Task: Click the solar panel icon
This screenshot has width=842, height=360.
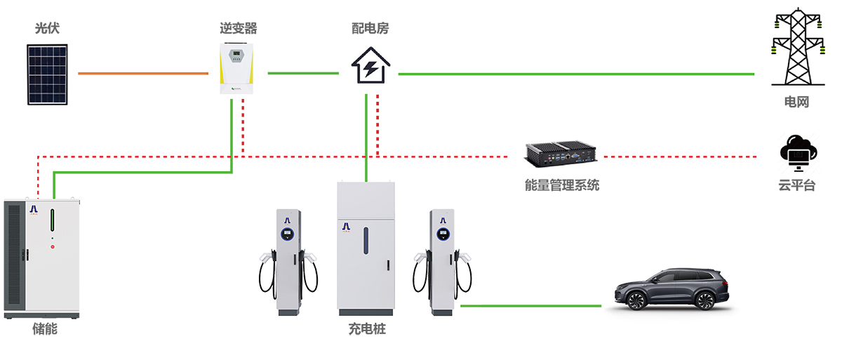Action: click(x=48, y=74)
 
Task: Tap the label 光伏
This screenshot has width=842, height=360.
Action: click(x=47, y=29)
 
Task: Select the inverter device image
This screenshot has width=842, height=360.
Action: click(x=236, y=69)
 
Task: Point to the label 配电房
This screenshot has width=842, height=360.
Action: click(x=370, y=29)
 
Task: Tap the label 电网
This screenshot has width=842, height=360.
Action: click(x=796, y=102)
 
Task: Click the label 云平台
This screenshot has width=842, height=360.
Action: click(x=796, y=186)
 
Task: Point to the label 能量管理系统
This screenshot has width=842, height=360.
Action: click(x=562, y=186)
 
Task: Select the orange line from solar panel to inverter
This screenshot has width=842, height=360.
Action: click(x=143, y=73)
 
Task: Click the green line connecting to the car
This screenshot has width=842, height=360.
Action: click(x=530, y=306)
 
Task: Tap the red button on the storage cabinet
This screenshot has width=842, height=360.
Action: click(x=52, y=246)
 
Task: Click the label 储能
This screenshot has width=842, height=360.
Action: click(x=44, y=328)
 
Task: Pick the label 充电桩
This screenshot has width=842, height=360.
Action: click(x=366, y=328)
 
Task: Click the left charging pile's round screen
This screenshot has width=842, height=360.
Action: click(x=287, y=234)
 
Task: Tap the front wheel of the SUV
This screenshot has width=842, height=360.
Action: click(x=636, y=301)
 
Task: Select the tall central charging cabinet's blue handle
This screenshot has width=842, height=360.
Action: click(x=366, y=241)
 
